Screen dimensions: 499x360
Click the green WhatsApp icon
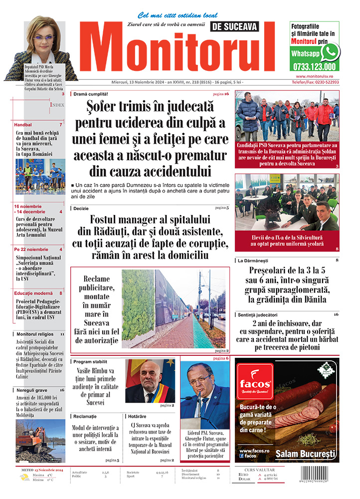click(x=330, y=52)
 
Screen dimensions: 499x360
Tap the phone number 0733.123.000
click(x=314, y=66)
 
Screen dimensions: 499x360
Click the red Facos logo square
click(x=255, y=383)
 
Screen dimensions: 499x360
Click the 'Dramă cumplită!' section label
click(x=91, y=94)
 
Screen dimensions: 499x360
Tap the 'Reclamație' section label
click(x=84, y=416)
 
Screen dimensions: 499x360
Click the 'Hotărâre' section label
click(x=137, y=416)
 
